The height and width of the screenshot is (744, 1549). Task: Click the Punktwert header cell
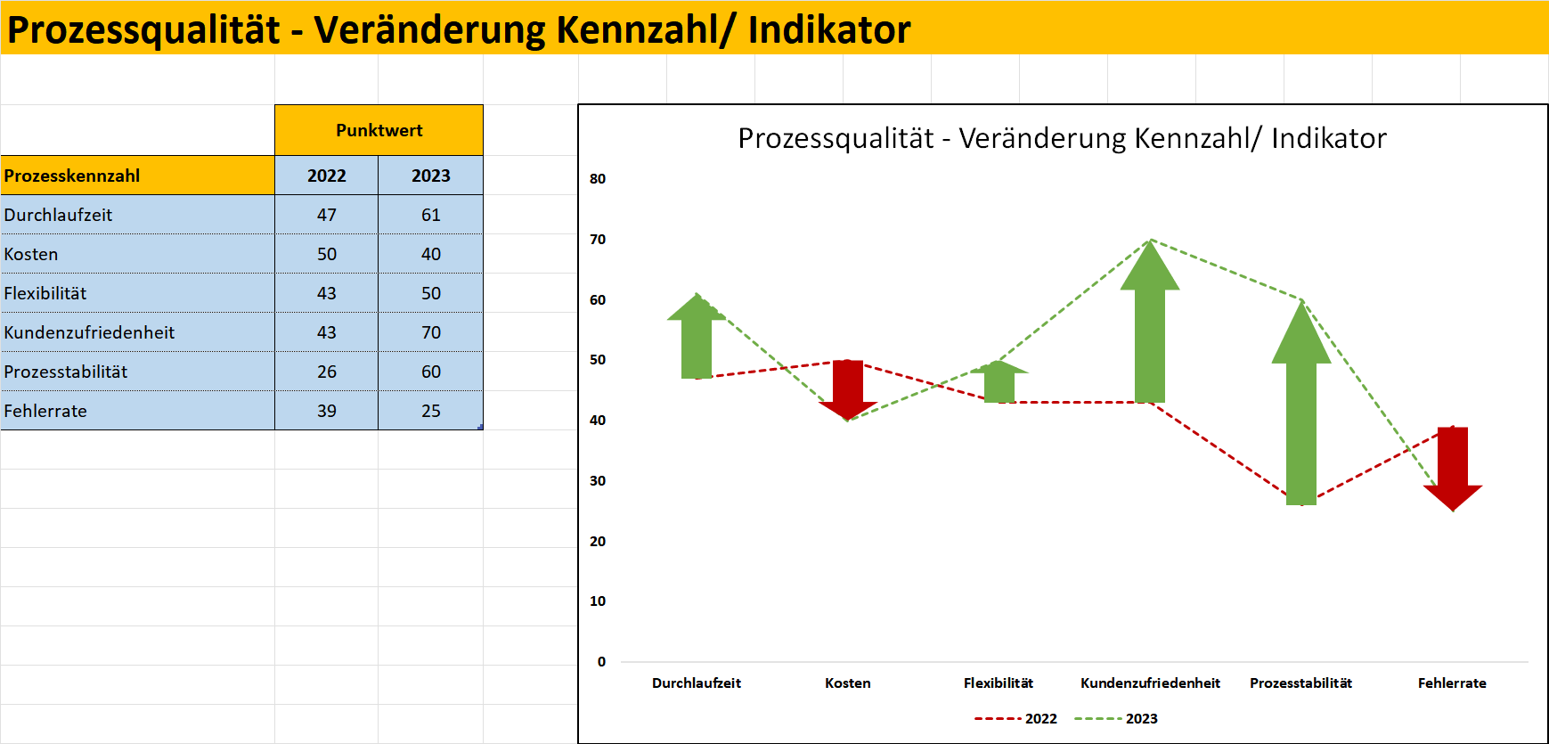[x=379, y=130]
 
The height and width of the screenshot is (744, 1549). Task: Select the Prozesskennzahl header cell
[x=137, y=176]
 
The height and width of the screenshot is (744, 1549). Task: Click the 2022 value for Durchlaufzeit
[x=327, y=215]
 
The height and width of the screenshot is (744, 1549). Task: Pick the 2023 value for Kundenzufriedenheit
[x=431, y=332]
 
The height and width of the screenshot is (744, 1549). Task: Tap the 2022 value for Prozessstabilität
[x=327, y=372]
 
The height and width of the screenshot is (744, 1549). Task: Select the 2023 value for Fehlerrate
[x=431, y=411]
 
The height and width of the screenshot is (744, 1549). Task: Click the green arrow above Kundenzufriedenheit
[x=1150, y=321]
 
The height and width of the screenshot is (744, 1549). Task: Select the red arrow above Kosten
[x=848, y=390]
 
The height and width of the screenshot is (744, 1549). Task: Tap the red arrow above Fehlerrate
[x=1453, y=469]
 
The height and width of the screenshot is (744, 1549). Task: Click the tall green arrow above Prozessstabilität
[x=1301, y=403]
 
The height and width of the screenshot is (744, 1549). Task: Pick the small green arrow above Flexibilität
[x=999, y=381]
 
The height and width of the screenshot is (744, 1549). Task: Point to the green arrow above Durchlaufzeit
[x=697, y=336]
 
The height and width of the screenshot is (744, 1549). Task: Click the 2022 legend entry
[x=1015, y=719]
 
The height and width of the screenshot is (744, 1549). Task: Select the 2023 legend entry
[x=1116, y=719]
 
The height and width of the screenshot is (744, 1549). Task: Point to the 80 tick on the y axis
[x=598, y=179]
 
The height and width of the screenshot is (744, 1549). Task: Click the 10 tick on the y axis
[x=598, y=601]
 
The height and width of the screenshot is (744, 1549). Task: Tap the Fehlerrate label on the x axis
[x=1452, y=683]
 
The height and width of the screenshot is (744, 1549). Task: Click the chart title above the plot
[x=1062, y=138]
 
